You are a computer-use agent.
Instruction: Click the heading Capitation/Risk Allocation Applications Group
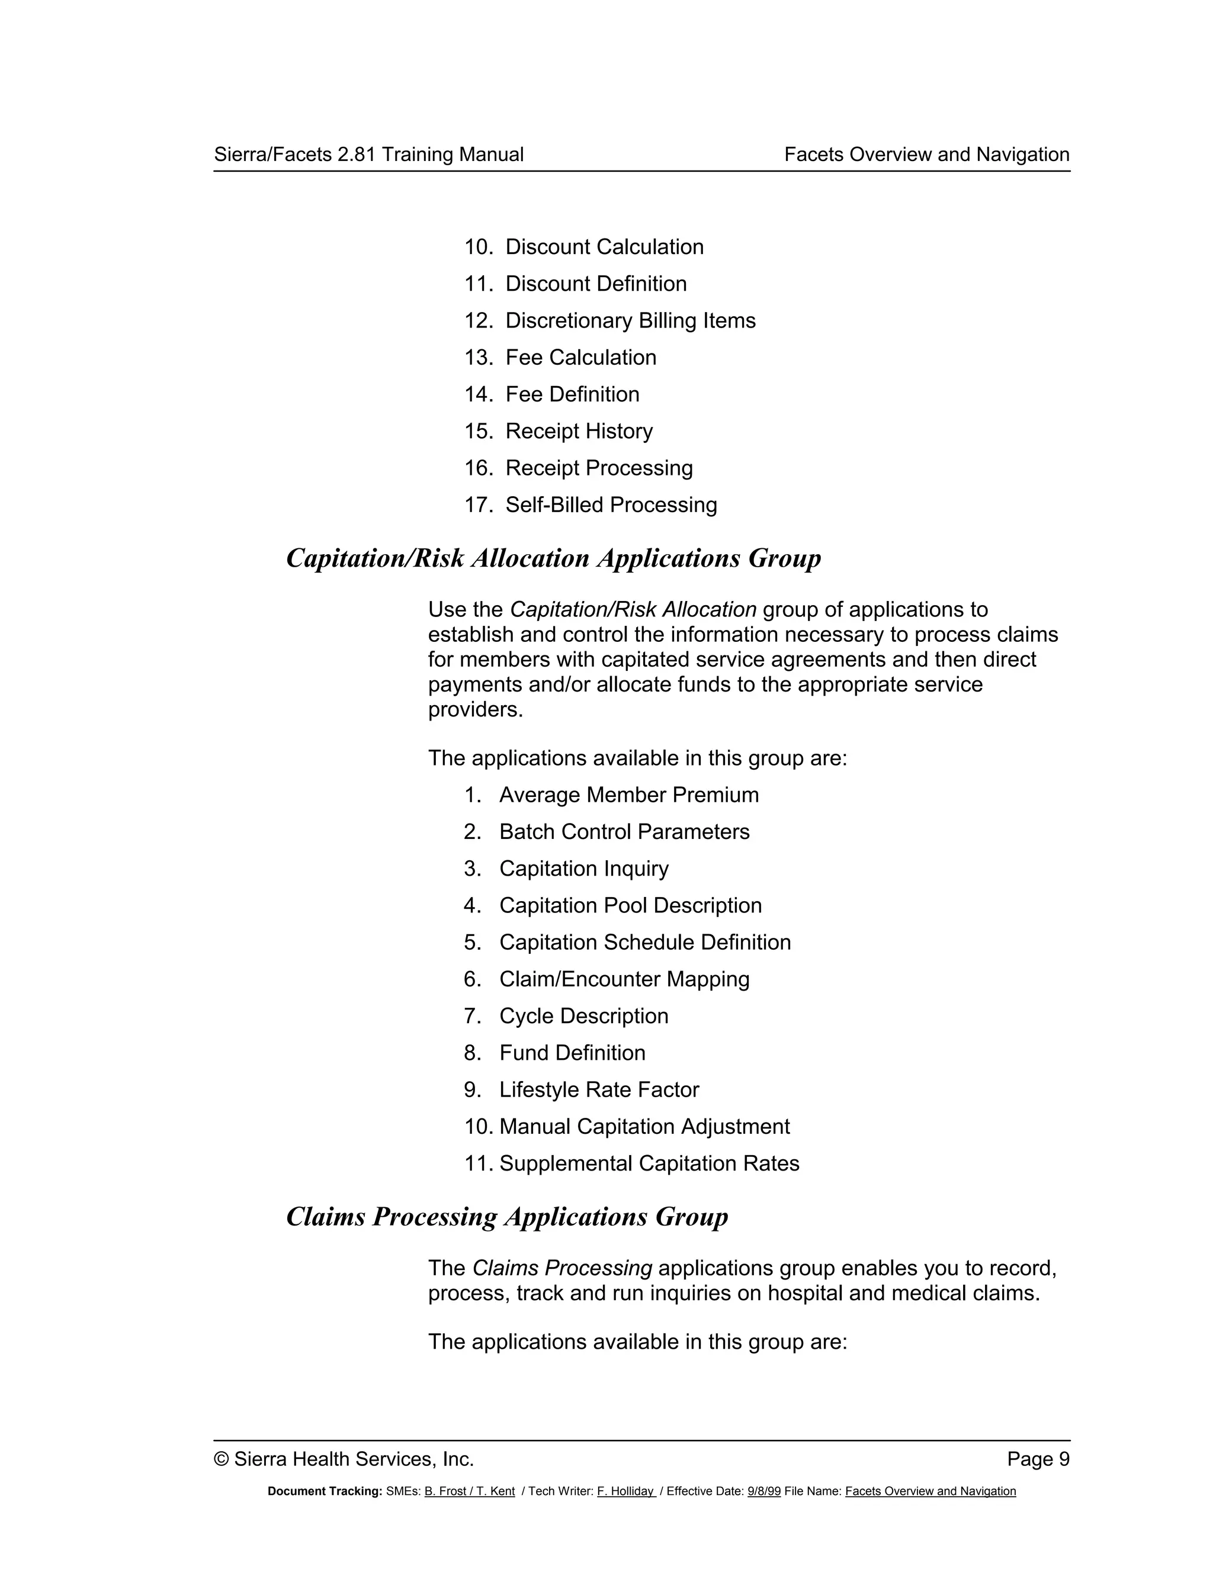pos(553,558)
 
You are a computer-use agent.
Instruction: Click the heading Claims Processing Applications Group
pos(506,1217)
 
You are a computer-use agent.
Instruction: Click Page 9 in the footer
pos(1038,1459)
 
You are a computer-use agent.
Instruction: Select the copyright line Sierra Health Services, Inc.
pos(344,1459)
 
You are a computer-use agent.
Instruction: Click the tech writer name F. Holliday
pos(625,1491)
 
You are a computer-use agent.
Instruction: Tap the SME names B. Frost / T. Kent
pos(469,1491)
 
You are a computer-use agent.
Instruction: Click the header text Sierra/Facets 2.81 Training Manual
pos(368,155)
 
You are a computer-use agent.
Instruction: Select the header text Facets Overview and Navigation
pos(926,155)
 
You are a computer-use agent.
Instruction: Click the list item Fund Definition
pos(572,1053)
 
